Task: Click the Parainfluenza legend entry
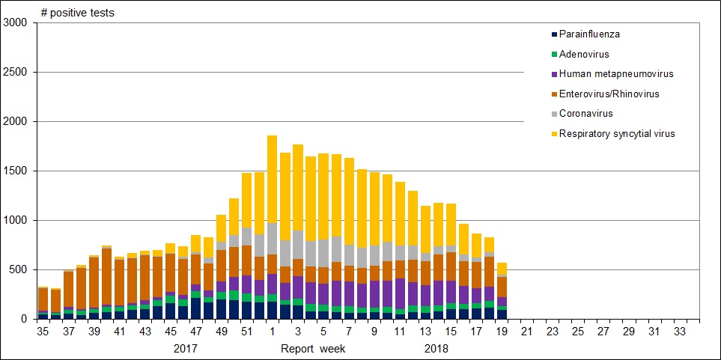[589, 34]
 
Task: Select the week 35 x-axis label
[43, 330]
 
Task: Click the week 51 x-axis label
[247, 330]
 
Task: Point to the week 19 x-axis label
[501, 330]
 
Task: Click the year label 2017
[186, 349]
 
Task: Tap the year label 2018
[436, 349]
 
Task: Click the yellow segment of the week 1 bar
[272, 179]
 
